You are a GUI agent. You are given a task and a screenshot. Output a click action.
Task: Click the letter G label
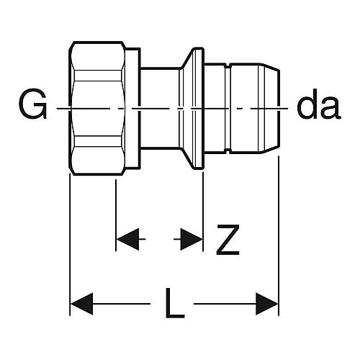[x=32, y=104]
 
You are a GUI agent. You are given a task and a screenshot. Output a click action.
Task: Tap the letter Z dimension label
[x=228, y=240]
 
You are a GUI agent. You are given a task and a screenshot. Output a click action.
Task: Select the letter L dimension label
[x=175, y=303]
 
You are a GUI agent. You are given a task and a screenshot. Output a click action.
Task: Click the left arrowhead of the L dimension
[x=81, y=304]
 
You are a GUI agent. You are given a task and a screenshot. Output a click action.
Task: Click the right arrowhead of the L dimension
[x=267, y=304]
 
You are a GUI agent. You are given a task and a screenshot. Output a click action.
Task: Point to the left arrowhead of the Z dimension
[x=127, y=239]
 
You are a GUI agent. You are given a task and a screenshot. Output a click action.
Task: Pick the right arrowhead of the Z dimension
[x=192, y=239]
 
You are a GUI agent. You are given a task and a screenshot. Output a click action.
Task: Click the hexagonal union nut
[x=97, y=108]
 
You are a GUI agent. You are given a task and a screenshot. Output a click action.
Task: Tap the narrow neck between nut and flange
[x=160, y=108]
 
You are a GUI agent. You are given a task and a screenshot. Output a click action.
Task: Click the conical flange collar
[x=192, y=108]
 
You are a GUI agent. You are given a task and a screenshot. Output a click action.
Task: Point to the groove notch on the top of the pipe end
[x=228, y=66]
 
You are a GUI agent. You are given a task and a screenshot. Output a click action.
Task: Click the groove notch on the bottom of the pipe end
[x=228, y=151]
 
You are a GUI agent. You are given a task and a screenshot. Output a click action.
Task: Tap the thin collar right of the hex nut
[x=132, y=108]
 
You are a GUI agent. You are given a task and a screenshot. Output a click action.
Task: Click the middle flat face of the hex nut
[x=98, y=108]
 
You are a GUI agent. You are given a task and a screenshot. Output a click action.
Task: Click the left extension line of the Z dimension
[x=116, y=215]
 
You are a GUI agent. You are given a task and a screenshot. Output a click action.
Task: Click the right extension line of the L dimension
[x=279, y=235]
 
